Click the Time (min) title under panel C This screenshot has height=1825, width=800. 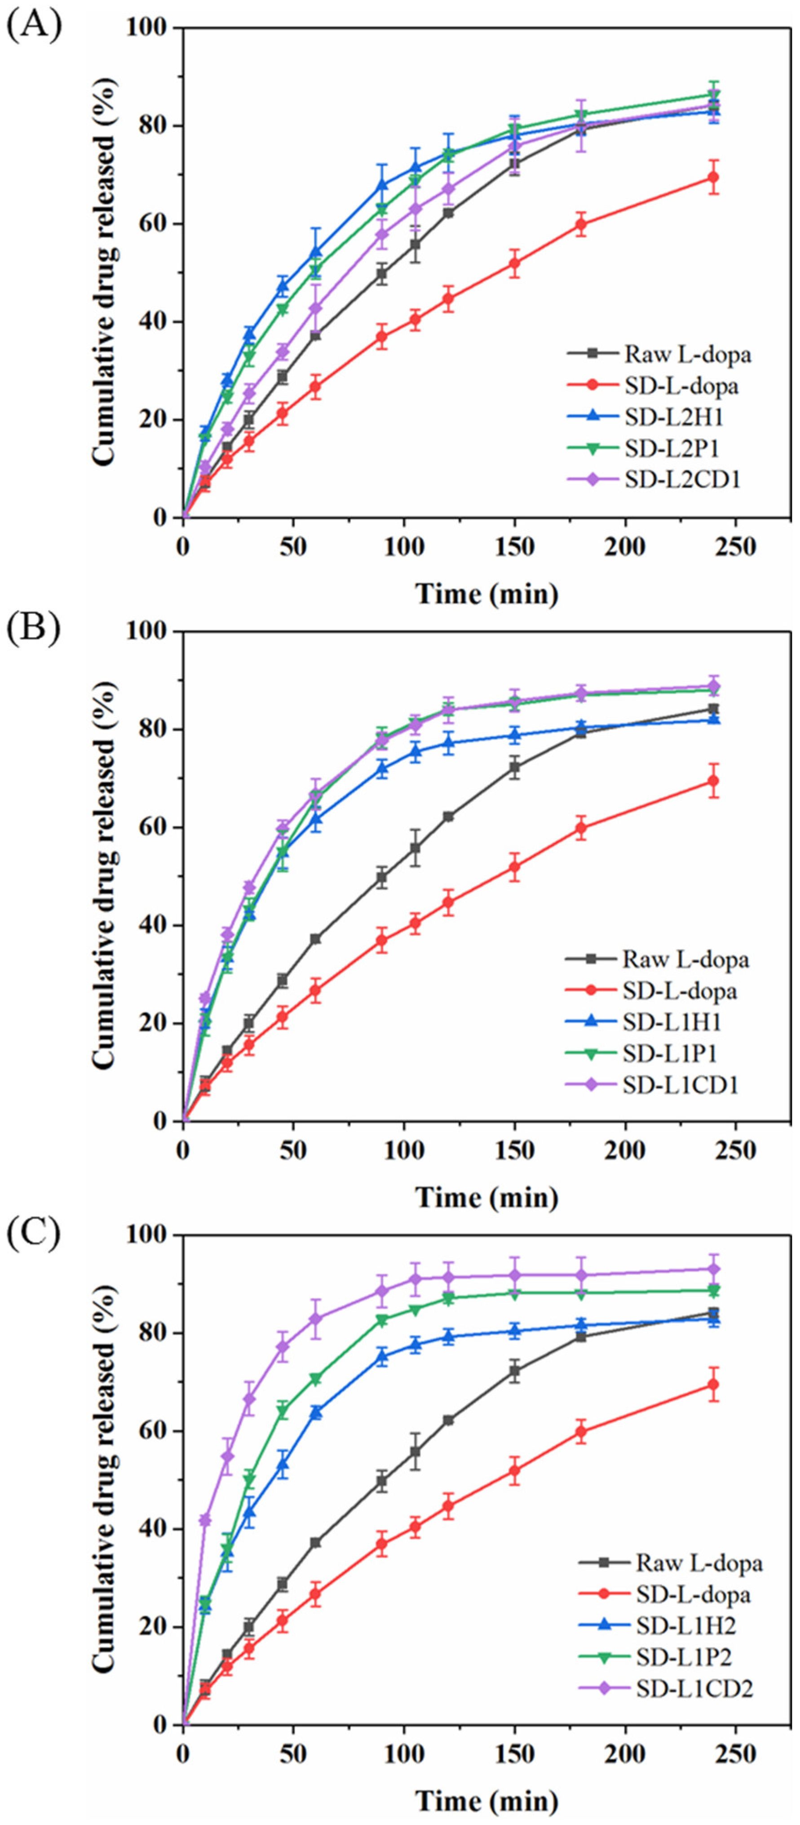pos(486,1800)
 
